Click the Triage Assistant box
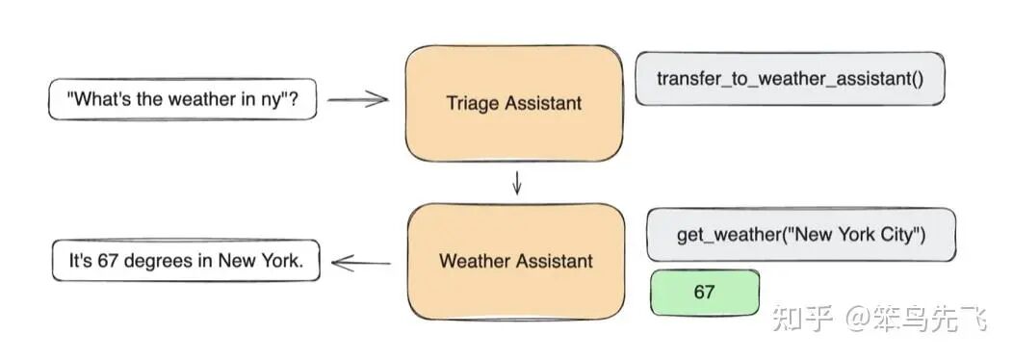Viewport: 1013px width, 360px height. (x=513, y=103)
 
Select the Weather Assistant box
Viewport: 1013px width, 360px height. (x=516, y=261)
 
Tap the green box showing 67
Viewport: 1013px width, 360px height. (x=704, y=292)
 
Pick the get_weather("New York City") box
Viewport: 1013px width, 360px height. (x=800, y=234)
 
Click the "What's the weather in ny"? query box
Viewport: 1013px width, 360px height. (x=182, y=99)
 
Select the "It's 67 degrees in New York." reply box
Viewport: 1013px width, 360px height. (x=186, y=260)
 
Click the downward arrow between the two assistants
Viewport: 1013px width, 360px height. (x=517, y=183)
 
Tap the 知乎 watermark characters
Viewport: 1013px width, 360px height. (x=801, y=317)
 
